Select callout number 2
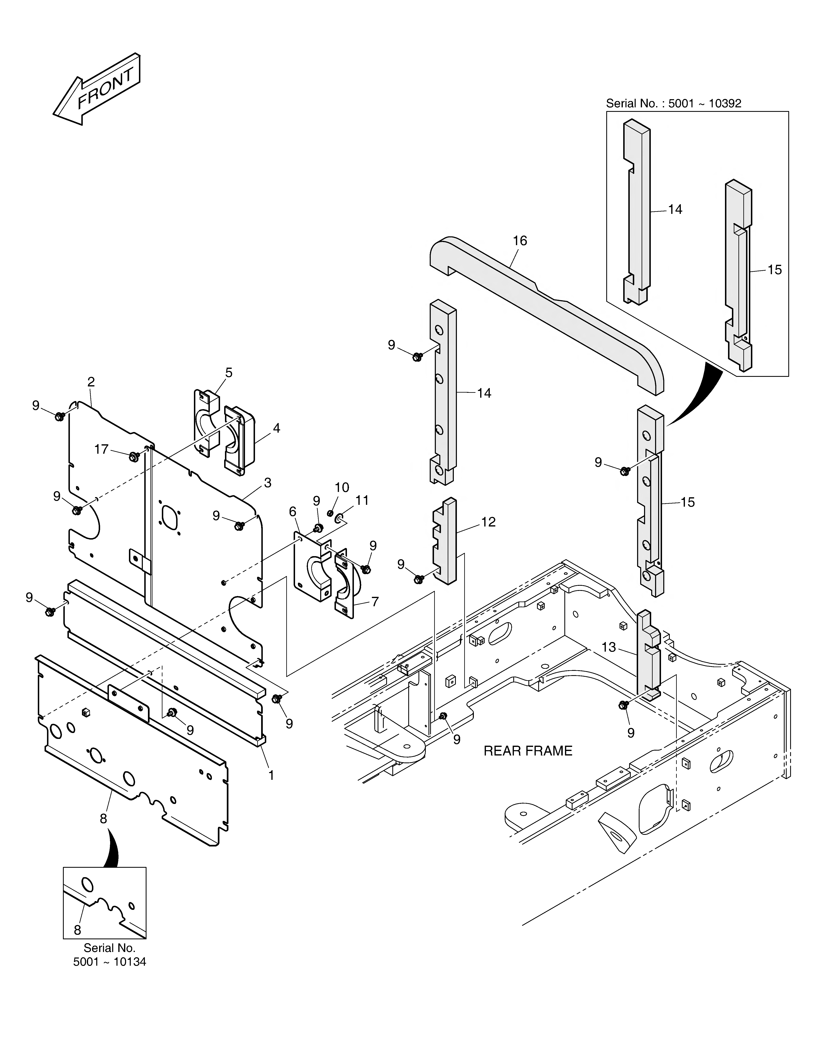click(91, 382)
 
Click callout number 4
click(276, 428)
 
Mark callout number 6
click(292, 512)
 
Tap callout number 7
click(375, 602)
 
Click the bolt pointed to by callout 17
click(133, 457)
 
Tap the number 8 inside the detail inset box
click(77, 930)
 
